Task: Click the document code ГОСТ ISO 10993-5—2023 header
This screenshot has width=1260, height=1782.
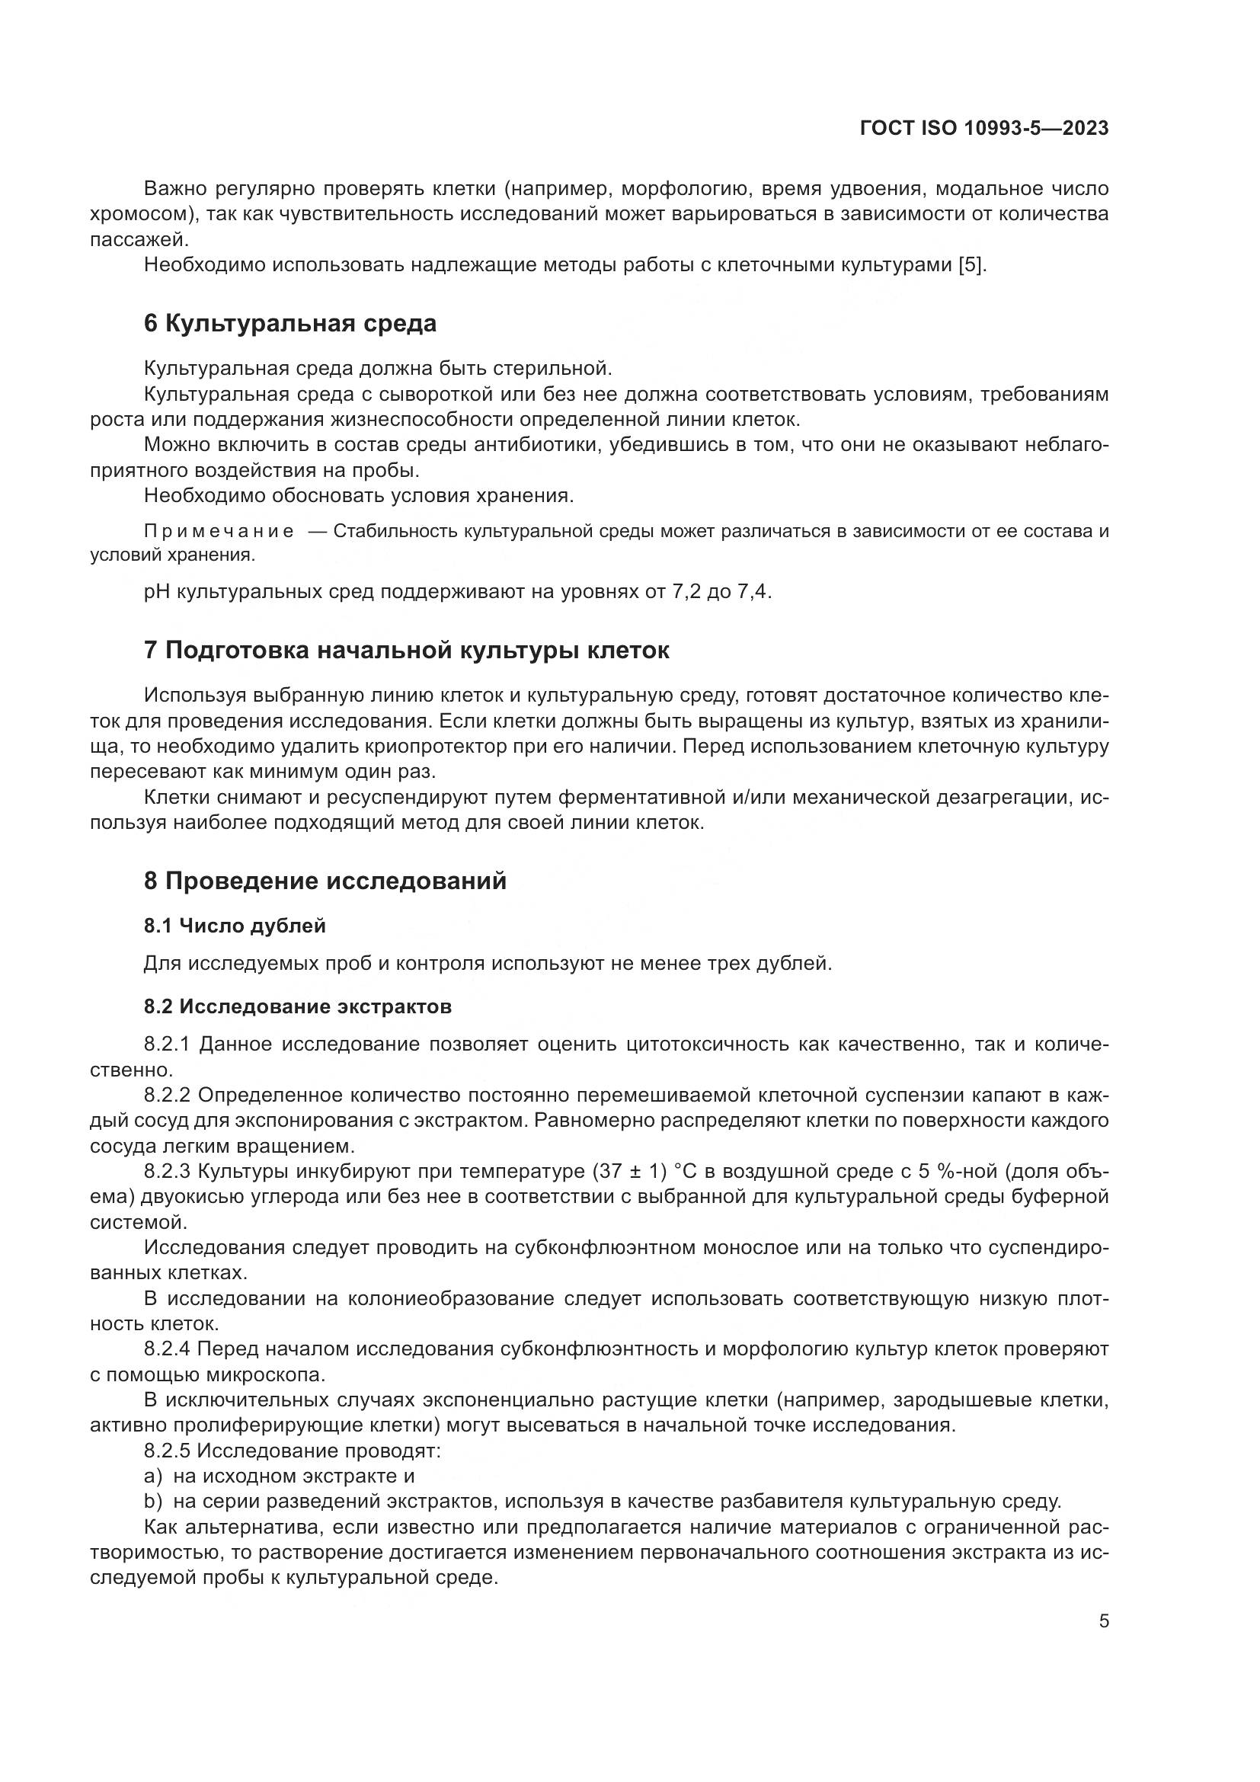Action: [x=983, y=128]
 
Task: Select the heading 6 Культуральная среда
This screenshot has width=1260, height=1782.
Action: [x=290, y=323]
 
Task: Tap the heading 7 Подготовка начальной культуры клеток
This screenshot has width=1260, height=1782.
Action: [x=407, y=650]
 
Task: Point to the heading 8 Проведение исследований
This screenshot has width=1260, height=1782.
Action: [x=325, y=881]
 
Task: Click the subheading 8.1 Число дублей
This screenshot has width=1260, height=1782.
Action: [x=235, y=925]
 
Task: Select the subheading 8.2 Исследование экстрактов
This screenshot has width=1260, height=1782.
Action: [x=297, y=1006]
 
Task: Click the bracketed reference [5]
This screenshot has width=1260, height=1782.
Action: [x=972, y=264]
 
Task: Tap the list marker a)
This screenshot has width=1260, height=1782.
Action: [x=153, y=1476]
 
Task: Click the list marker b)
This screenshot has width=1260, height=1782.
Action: [x=153, y=1501]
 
